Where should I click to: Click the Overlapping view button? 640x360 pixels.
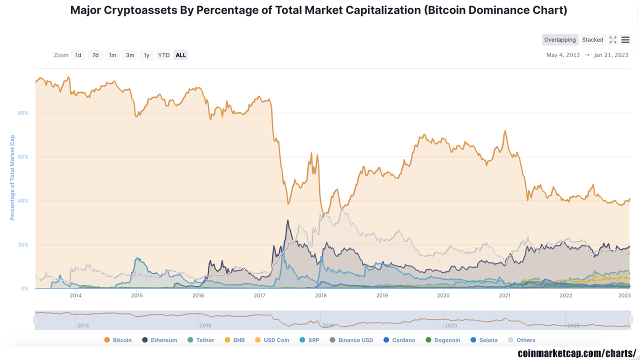click(560, 40)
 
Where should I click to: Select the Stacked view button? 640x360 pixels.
click(592, 40)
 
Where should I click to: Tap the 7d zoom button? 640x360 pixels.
click(95, 55)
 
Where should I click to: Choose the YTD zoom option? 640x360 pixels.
click(163, 55)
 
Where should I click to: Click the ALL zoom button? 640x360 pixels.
click(181, 55)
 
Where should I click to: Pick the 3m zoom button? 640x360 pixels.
click(130, 55)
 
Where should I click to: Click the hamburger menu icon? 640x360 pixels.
click(625, 40)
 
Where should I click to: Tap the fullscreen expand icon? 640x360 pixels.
click(612, 40)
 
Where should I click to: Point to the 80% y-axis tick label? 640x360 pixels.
click(23, 113)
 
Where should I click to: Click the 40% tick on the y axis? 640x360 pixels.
click(23, 201)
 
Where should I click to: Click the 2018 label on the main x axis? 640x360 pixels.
click(321, 295)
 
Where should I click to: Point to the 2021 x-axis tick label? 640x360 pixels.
click(504, 295)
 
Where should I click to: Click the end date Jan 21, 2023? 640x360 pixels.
click(611, 55)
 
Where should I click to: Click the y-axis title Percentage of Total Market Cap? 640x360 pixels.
click(12, 178)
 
